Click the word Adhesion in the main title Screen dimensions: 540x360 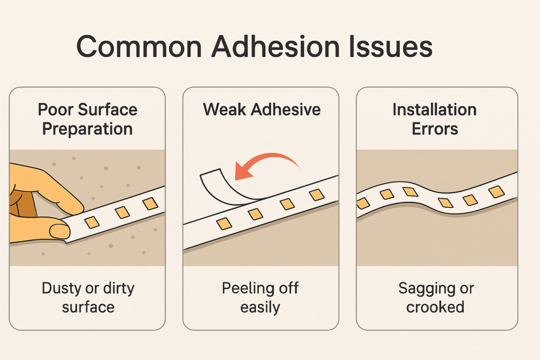coord(275,46)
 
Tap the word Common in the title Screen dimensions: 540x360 coord(139,47)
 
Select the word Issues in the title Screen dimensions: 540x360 coord(391,46)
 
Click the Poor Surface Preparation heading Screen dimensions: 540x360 coord(88,119)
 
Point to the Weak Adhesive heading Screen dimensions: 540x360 coord(262,110)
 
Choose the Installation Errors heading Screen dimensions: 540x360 coord(435,119)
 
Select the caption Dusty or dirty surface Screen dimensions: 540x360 coord(88,297)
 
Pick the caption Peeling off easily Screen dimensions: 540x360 coord(261,297)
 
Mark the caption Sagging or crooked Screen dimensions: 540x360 coord(436,297)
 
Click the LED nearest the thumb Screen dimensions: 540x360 coord(92,222)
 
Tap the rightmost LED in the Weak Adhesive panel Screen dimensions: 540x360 coord(317,195)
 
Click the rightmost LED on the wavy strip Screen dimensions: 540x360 coord(497,192)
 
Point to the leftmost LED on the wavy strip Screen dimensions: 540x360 coord(363,203)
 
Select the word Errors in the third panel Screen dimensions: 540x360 coord(435,129)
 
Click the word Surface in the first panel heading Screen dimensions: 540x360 coord(108,110)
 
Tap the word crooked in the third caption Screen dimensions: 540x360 coord(435,307)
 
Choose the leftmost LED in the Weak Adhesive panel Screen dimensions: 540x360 coord(224,223)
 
